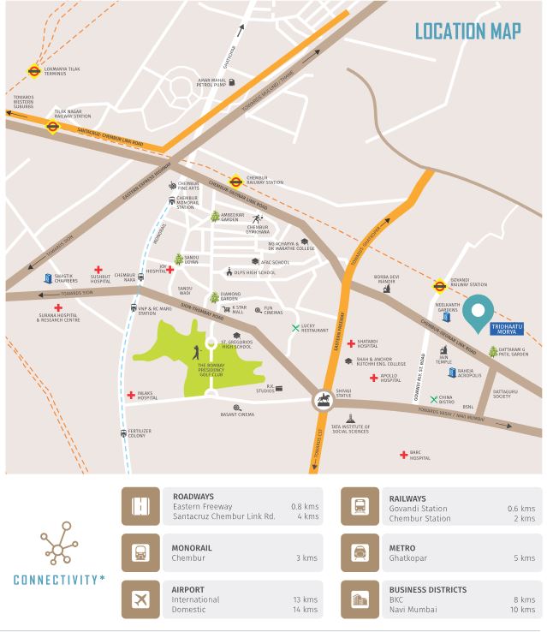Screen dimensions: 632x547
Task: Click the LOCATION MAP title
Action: [468, 32]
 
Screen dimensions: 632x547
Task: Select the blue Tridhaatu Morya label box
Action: [505, 330]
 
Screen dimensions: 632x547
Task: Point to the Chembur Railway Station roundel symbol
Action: [235, 181]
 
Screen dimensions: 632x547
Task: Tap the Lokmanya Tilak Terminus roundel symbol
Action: [34, 72]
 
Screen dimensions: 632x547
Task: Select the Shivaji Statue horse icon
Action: [324, 399]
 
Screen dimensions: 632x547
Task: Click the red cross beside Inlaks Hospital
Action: [129, 395]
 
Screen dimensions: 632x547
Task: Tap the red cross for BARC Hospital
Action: [403, 455]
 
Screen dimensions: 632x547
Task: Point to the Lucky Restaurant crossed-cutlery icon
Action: [295, 328]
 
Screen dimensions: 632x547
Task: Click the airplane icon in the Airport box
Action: [139, 599]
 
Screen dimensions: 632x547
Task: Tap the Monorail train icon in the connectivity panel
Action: [139, 552]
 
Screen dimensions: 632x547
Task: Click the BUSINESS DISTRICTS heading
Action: [428, 590]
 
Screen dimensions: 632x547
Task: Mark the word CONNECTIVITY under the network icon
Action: [57, 580]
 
